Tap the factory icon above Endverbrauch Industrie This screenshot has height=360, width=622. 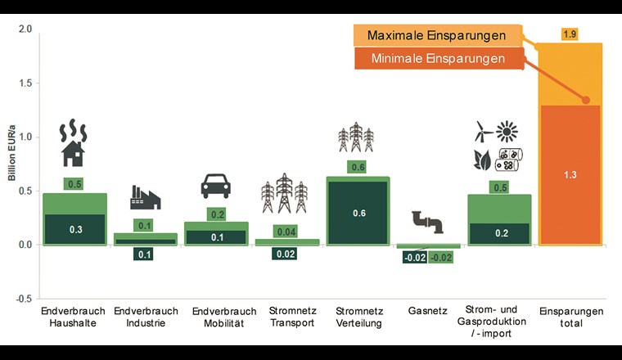(x=145, y=197)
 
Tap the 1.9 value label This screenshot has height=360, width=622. (x=570, y=34)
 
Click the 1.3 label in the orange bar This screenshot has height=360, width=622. (x=570, y=174)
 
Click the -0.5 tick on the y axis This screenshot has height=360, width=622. (x=24, y=298)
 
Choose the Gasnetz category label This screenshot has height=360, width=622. (x=426, y=312)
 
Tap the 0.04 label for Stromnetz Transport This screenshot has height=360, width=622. (x=286, y=232)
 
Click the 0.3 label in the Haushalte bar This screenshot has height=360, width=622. (x=74, y=229)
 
